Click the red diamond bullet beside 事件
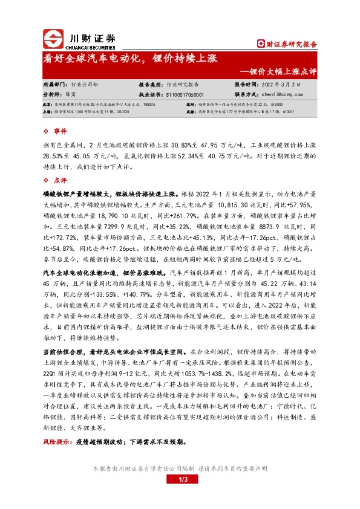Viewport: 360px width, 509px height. (x=47, y=131)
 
